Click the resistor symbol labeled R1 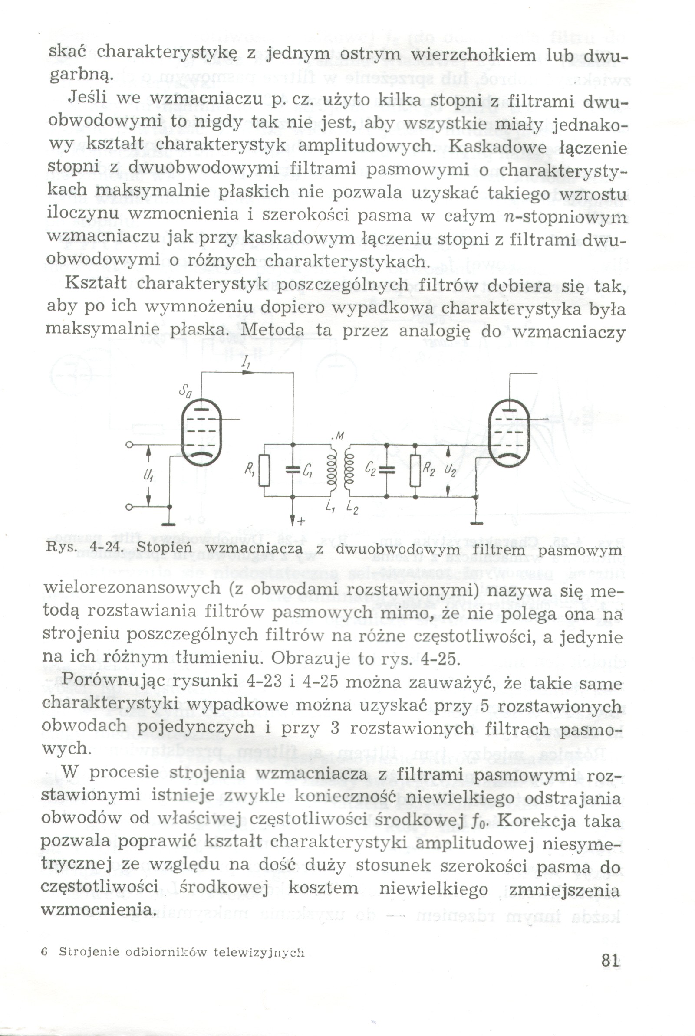pos(264,470)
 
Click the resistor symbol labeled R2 pos(415,470)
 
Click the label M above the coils pos(339,437)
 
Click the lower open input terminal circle pos(128,508)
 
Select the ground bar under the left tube pos(169,524)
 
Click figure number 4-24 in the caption pos(105,548)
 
